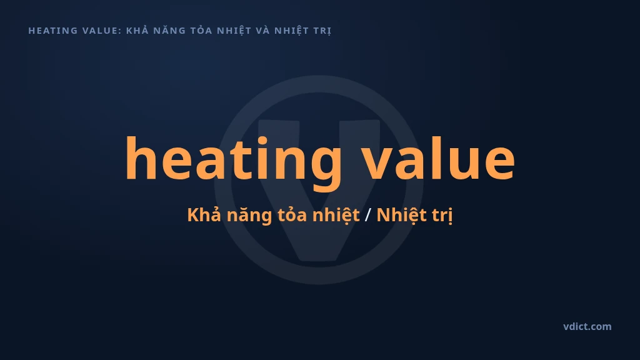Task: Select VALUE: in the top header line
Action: click(x=102, y=31)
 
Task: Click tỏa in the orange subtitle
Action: click(x=292, y=214)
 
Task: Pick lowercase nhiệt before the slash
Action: click(x=336, y=215)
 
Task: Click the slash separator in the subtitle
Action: click(x=367, y=215)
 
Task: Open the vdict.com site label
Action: click(x=587, y=326)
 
